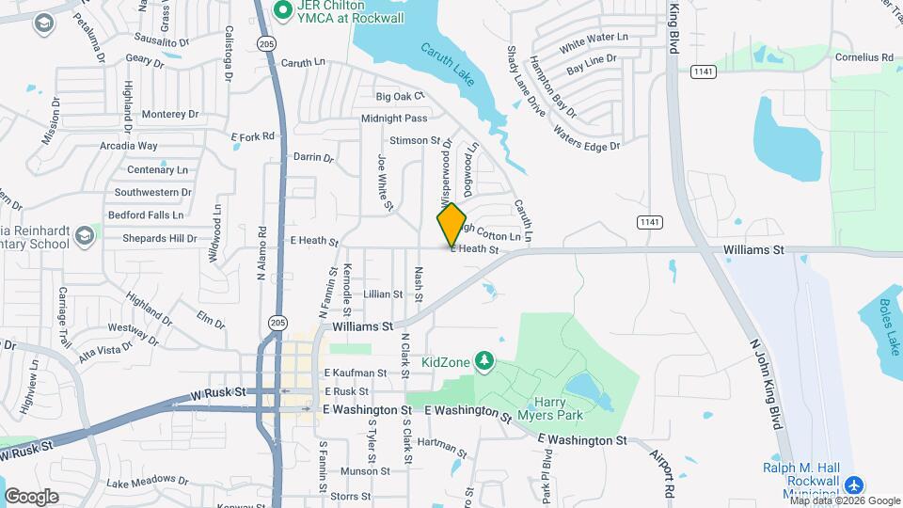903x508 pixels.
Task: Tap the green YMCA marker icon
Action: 279,9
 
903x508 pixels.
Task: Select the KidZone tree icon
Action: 483,360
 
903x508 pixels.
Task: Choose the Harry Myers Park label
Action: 550,407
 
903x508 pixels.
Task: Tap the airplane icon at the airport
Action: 853,485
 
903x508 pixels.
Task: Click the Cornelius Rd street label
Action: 863,57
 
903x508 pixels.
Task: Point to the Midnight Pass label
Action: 394,119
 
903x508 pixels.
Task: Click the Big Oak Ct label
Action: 401,96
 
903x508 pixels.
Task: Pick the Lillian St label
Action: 383,294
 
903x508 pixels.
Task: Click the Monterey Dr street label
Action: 170,115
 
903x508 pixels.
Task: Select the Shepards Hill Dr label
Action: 159,238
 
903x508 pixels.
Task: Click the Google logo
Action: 31,496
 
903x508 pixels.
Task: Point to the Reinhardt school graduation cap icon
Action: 86,233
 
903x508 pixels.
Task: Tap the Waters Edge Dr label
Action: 587,137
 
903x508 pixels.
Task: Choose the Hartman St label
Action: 441,446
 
